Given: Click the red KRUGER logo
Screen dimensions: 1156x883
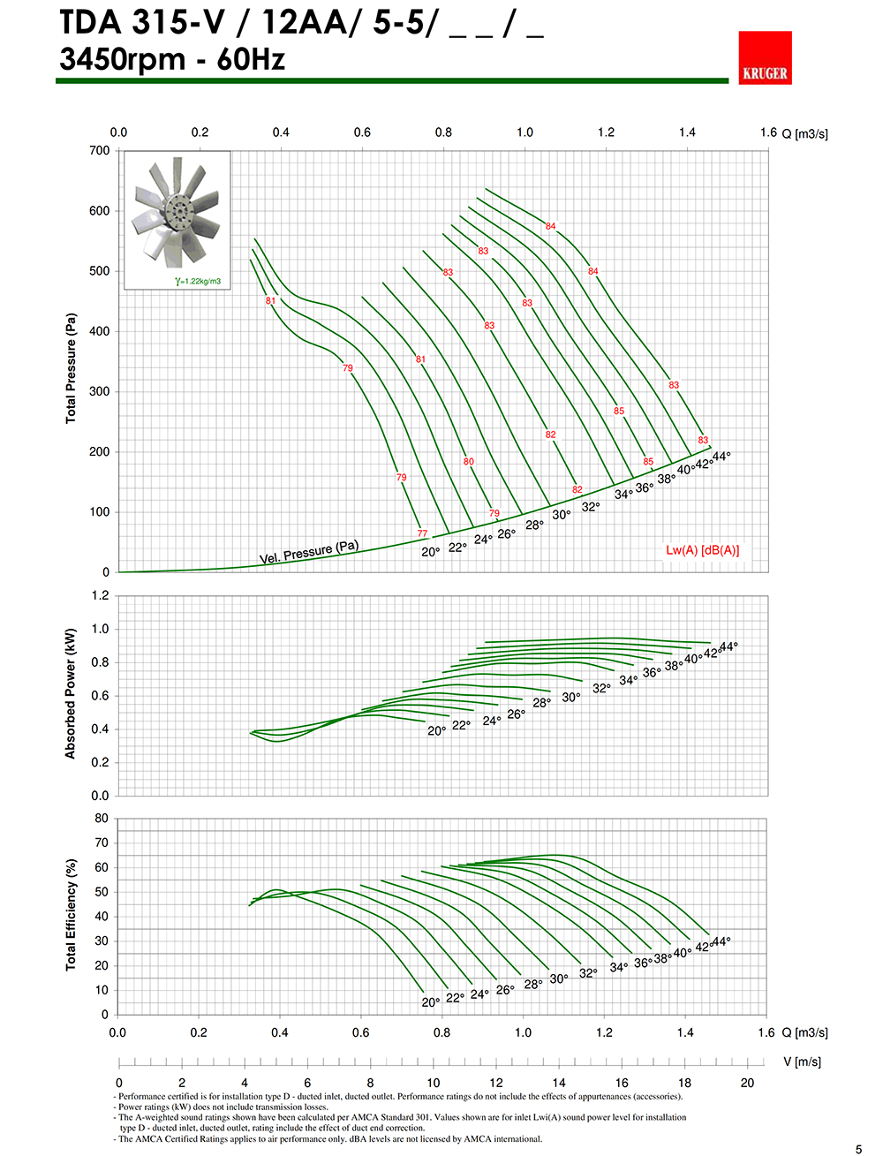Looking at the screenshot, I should [765, 58].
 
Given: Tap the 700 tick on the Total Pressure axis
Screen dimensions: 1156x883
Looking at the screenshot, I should [100, 151].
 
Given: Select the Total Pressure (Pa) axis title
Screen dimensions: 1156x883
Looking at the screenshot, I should [71, 367].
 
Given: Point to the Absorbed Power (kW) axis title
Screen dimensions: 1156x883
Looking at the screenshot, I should [71, 693].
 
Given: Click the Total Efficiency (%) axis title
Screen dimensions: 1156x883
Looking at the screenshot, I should [71, 914].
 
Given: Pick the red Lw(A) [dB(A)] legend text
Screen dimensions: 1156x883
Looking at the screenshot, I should [702, 550].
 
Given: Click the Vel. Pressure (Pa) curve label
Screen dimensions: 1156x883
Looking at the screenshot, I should [308, 552].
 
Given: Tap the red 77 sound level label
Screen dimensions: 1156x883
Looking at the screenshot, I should [422, 533].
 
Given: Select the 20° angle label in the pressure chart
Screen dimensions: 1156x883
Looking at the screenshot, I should [430, 552].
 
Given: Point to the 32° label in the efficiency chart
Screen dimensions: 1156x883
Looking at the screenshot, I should [588, 972].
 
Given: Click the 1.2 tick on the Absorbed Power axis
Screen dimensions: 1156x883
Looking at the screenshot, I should [101, 596].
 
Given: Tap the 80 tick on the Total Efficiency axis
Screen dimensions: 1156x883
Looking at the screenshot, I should [102, 819].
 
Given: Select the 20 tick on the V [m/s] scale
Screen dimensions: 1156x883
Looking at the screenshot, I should [747, 1083].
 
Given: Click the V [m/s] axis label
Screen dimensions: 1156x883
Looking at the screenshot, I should [802, 1062].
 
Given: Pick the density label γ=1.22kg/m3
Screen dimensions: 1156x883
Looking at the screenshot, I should [198, 282].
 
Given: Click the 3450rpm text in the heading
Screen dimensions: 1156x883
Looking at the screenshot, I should [123, 60].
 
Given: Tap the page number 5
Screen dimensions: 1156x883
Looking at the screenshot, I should [858, 1149].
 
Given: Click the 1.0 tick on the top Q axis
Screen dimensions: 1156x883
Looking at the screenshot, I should [525, 132].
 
